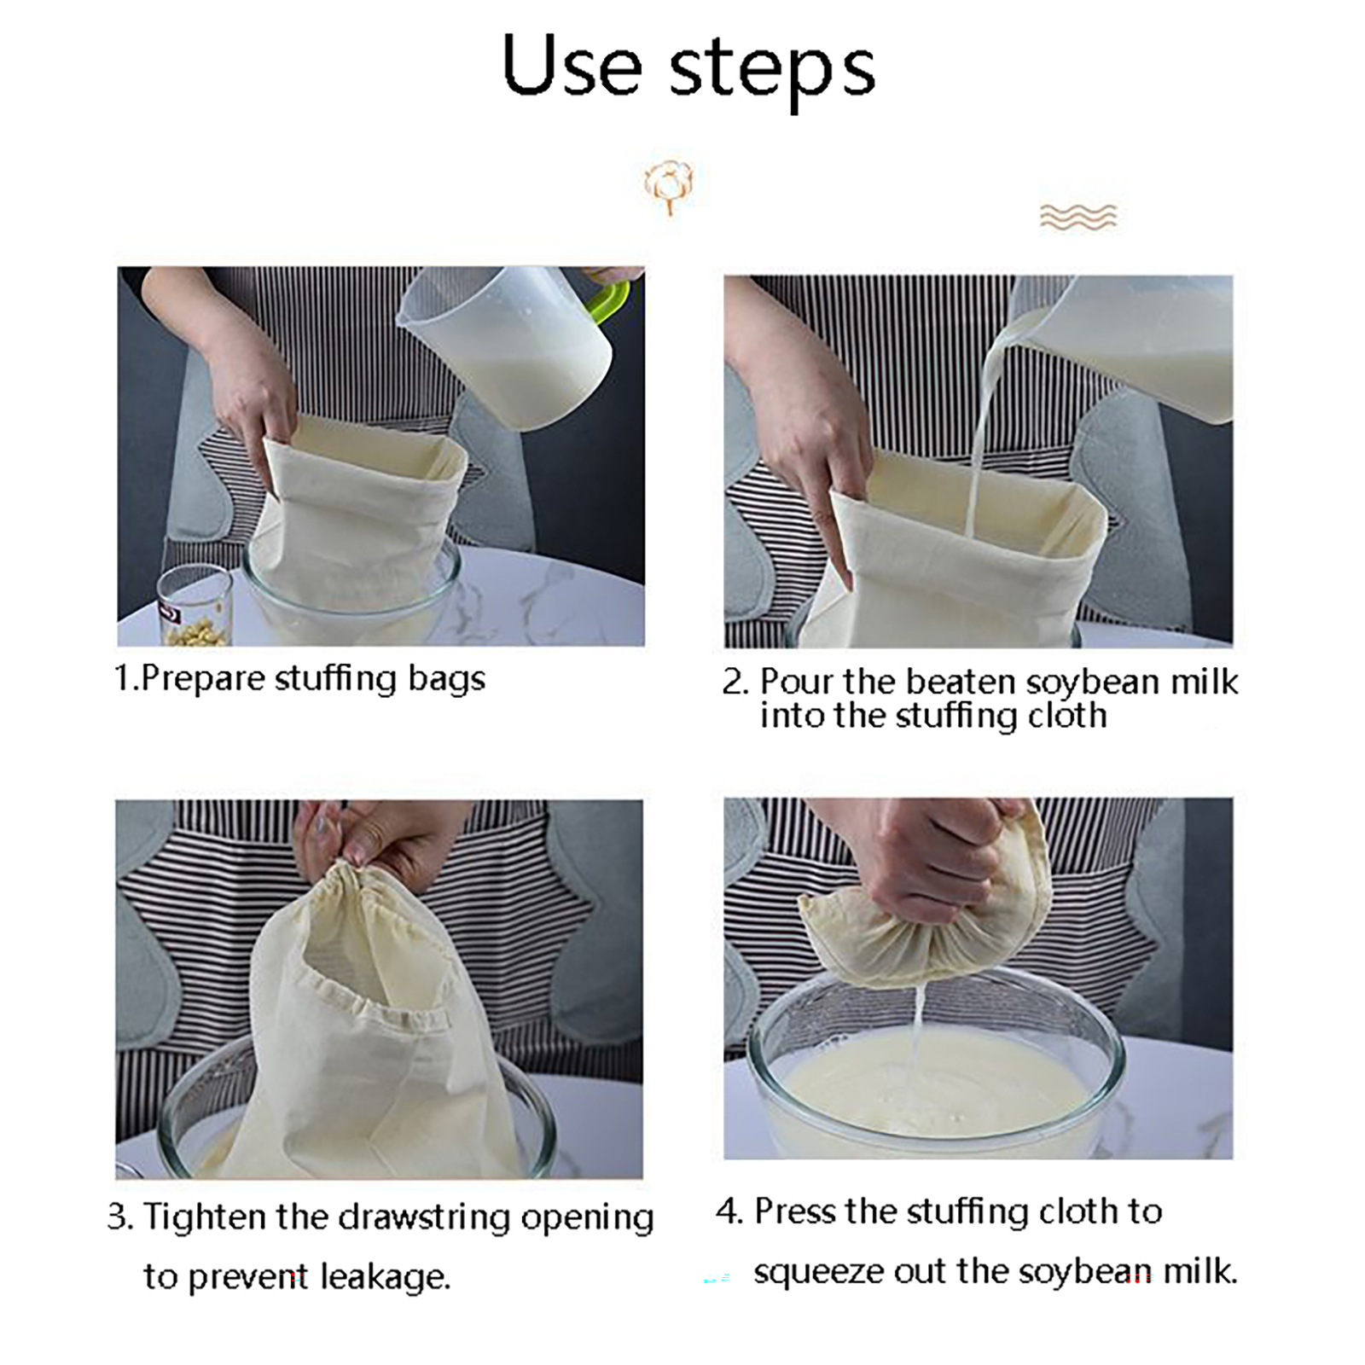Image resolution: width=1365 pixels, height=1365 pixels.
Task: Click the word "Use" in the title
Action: tap(572, 65)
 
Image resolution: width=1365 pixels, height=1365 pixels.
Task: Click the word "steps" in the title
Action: tap(772, 72)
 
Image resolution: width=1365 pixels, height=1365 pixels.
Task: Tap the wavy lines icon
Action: tap(1078, 217)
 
